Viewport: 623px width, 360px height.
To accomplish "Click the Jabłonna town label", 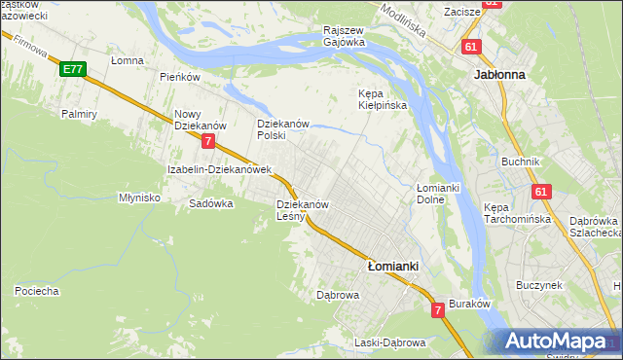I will point(499,74).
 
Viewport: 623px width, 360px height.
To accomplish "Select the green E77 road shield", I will point(71,69).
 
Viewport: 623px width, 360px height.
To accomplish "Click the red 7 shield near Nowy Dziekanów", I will point(208,142).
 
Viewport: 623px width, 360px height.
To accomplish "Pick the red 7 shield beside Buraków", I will point(438,309).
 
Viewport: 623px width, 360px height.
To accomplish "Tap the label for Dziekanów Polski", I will point(282,130).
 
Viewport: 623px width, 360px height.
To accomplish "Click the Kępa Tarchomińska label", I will point(518,214).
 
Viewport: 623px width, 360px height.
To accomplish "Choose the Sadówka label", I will point(211,204).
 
